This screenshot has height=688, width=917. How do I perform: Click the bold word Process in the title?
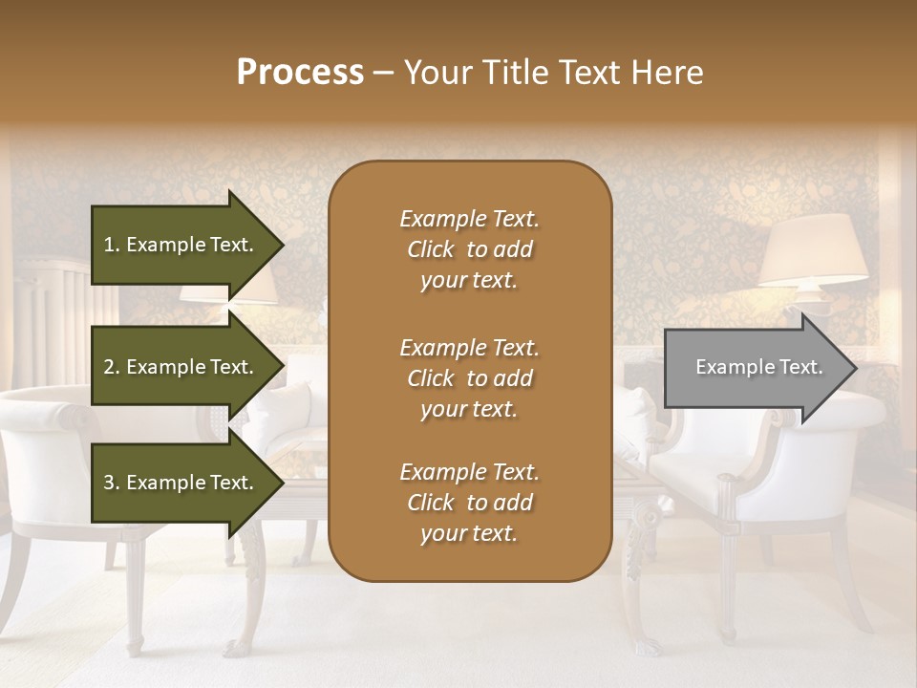point(300,73)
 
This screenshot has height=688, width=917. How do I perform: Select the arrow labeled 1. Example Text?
point(181,245)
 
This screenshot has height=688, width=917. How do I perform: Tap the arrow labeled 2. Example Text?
point(181,367)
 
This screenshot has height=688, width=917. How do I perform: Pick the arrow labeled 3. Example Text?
point(181,483)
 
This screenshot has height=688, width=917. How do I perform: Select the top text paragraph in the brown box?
point(469,249)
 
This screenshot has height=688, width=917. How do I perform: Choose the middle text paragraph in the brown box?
point(469,378)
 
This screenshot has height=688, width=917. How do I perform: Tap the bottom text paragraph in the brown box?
point(469,503)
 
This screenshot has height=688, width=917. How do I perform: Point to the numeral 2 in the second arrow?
point(109,367)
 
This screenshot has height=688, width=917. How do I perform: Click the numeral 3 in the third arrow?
point(109,483)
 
